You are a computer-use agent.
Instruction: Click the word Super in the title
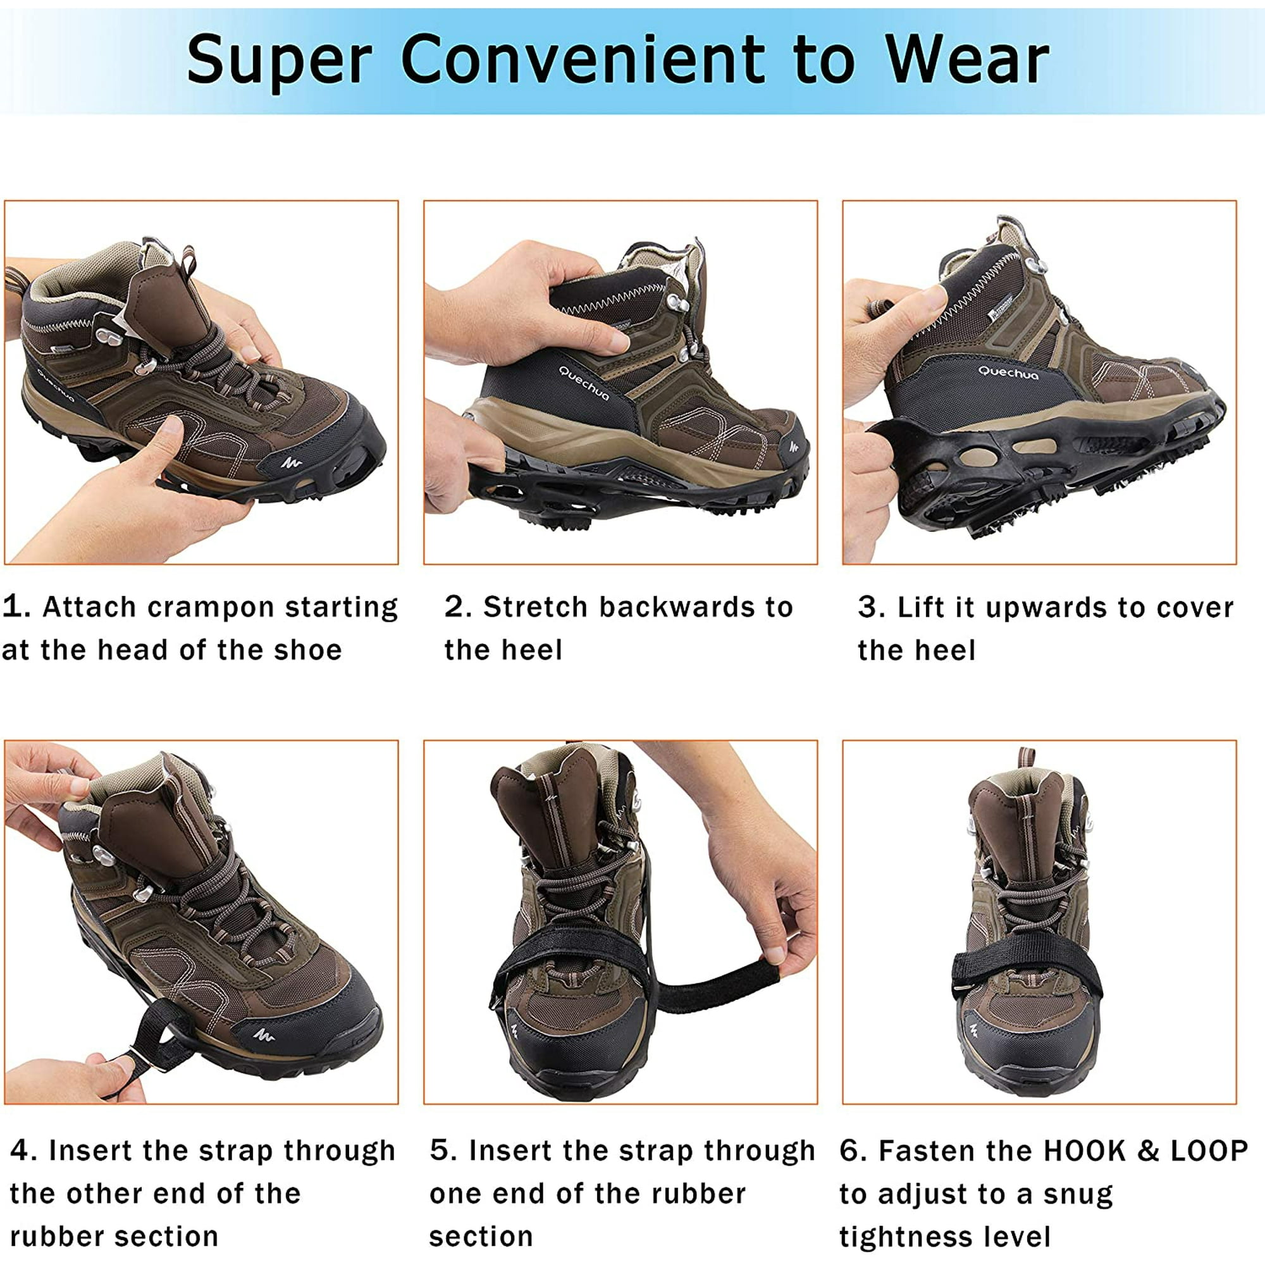280,61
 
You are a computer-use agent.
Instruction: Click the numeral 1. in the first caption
16,607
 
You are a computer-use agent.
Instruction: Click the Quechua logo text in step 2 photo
583,383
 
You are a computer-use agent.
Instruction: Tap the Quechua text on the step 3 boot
1008,373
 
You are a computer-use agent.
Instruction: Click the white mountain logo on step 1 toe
292,463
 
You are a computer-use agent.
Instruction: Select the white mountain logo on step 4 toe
263,1035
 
